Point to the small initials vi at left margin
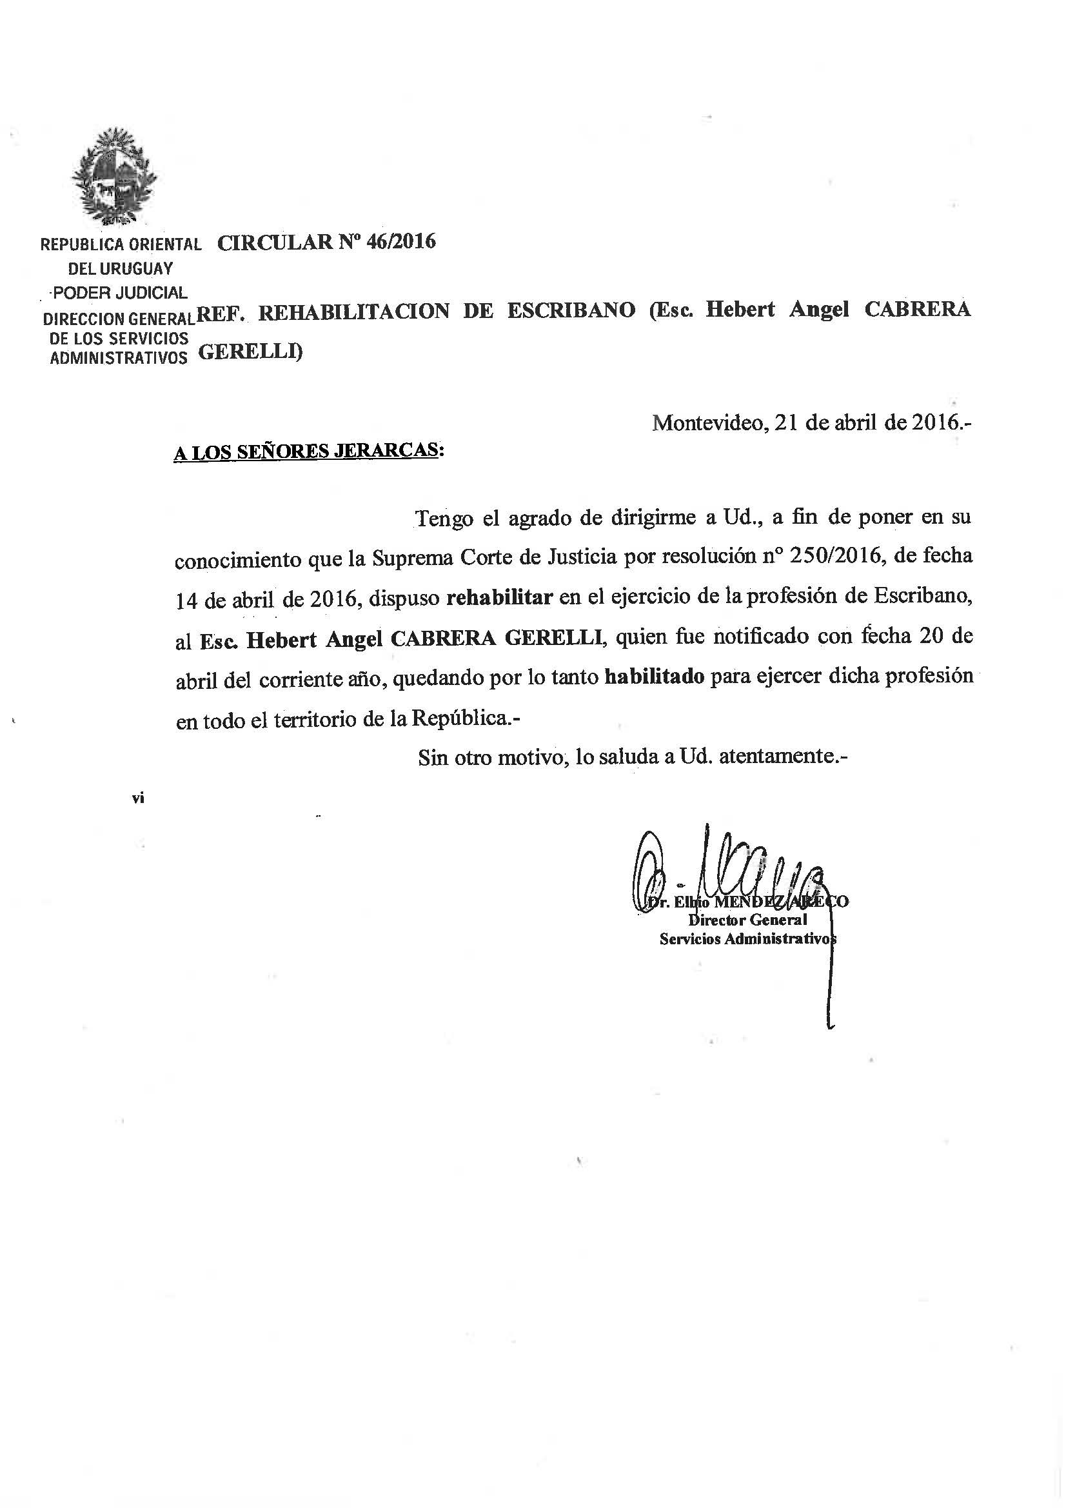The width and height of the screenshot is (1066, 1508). point(138,799)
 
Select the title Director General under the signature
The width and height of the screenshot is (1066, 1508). point(747,920)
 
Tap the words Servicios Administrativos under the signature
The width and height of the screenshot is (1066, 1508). point(747,939)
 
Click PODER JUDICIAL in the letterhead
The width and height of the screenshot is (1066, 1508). point(120,293)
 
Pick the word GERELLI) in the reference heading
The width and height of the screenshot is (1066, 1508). point(250,353)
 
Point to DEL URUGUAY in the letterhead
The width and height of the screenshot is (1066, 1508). point(120,268)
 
